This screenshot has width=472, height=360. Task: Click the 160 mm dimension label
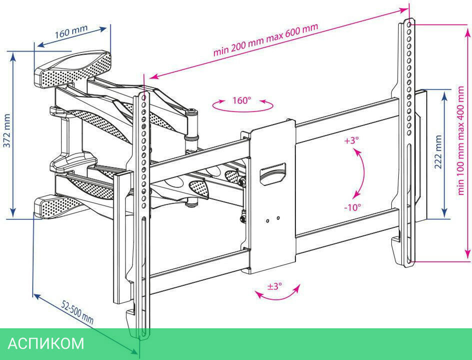coord(71,33)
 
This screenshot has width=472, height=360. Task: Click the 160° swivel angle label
coord(242,100)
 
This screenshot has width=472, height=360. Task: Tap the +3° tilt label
coord(351,140)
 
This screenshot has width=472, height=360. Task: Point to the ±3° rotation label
coord(275,286)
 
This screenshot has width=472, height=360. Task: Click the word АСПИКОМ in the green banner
coord(46,343)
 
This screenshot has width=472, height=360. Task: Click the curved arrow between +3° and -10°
coord(361,173)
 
